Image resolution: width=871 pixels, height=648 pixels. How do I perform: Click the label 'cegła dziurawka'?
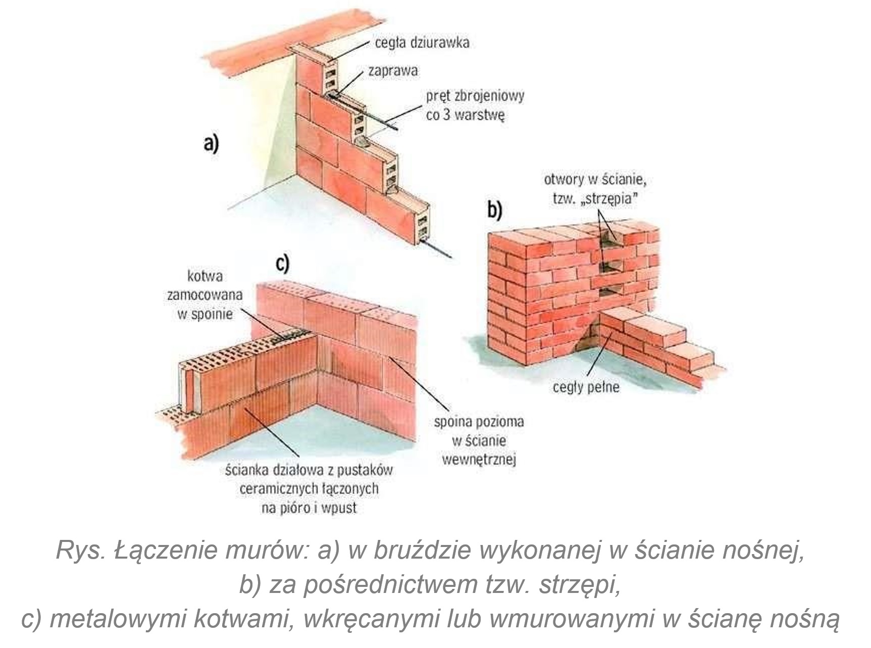(422, 42)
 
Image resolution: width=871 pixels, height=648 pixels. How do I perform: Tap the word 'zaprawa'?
(393, 70)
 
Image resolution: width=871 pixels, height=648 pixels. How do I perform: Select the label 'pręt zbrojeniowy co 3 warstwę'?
(475, 105)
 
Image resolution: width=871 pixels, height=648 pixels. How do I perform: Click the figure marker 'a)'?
(211, 143)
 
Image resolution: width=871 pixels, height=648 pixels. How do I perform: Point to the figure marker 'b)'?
(494, 210)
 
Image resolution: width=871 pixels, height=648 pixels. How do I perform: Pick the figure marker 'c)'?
(282, 263)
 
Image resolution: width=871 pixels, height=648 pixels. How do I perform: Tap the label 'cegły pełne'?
(586, 387)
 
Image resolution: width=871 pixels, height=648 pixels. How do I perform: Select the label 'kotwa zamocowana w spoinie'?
(204, 295)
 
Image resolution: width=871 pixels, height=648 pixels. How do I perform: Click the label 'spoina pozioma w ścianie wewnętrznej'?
(479, 440)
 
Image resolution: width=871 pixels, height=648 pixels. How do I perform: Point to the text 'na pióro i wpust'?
(309, 508)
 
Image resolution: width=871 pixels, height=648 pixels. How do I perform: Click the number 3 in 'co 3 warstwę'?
(446, 115)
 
